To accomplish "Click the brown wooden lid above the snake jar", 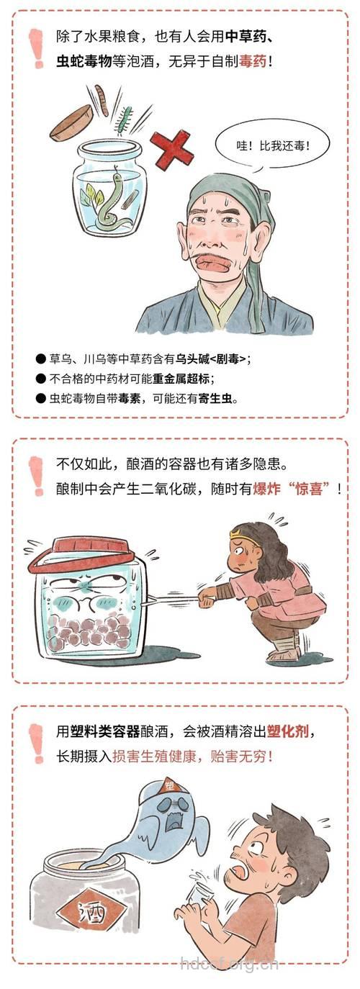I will point(71,122).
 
